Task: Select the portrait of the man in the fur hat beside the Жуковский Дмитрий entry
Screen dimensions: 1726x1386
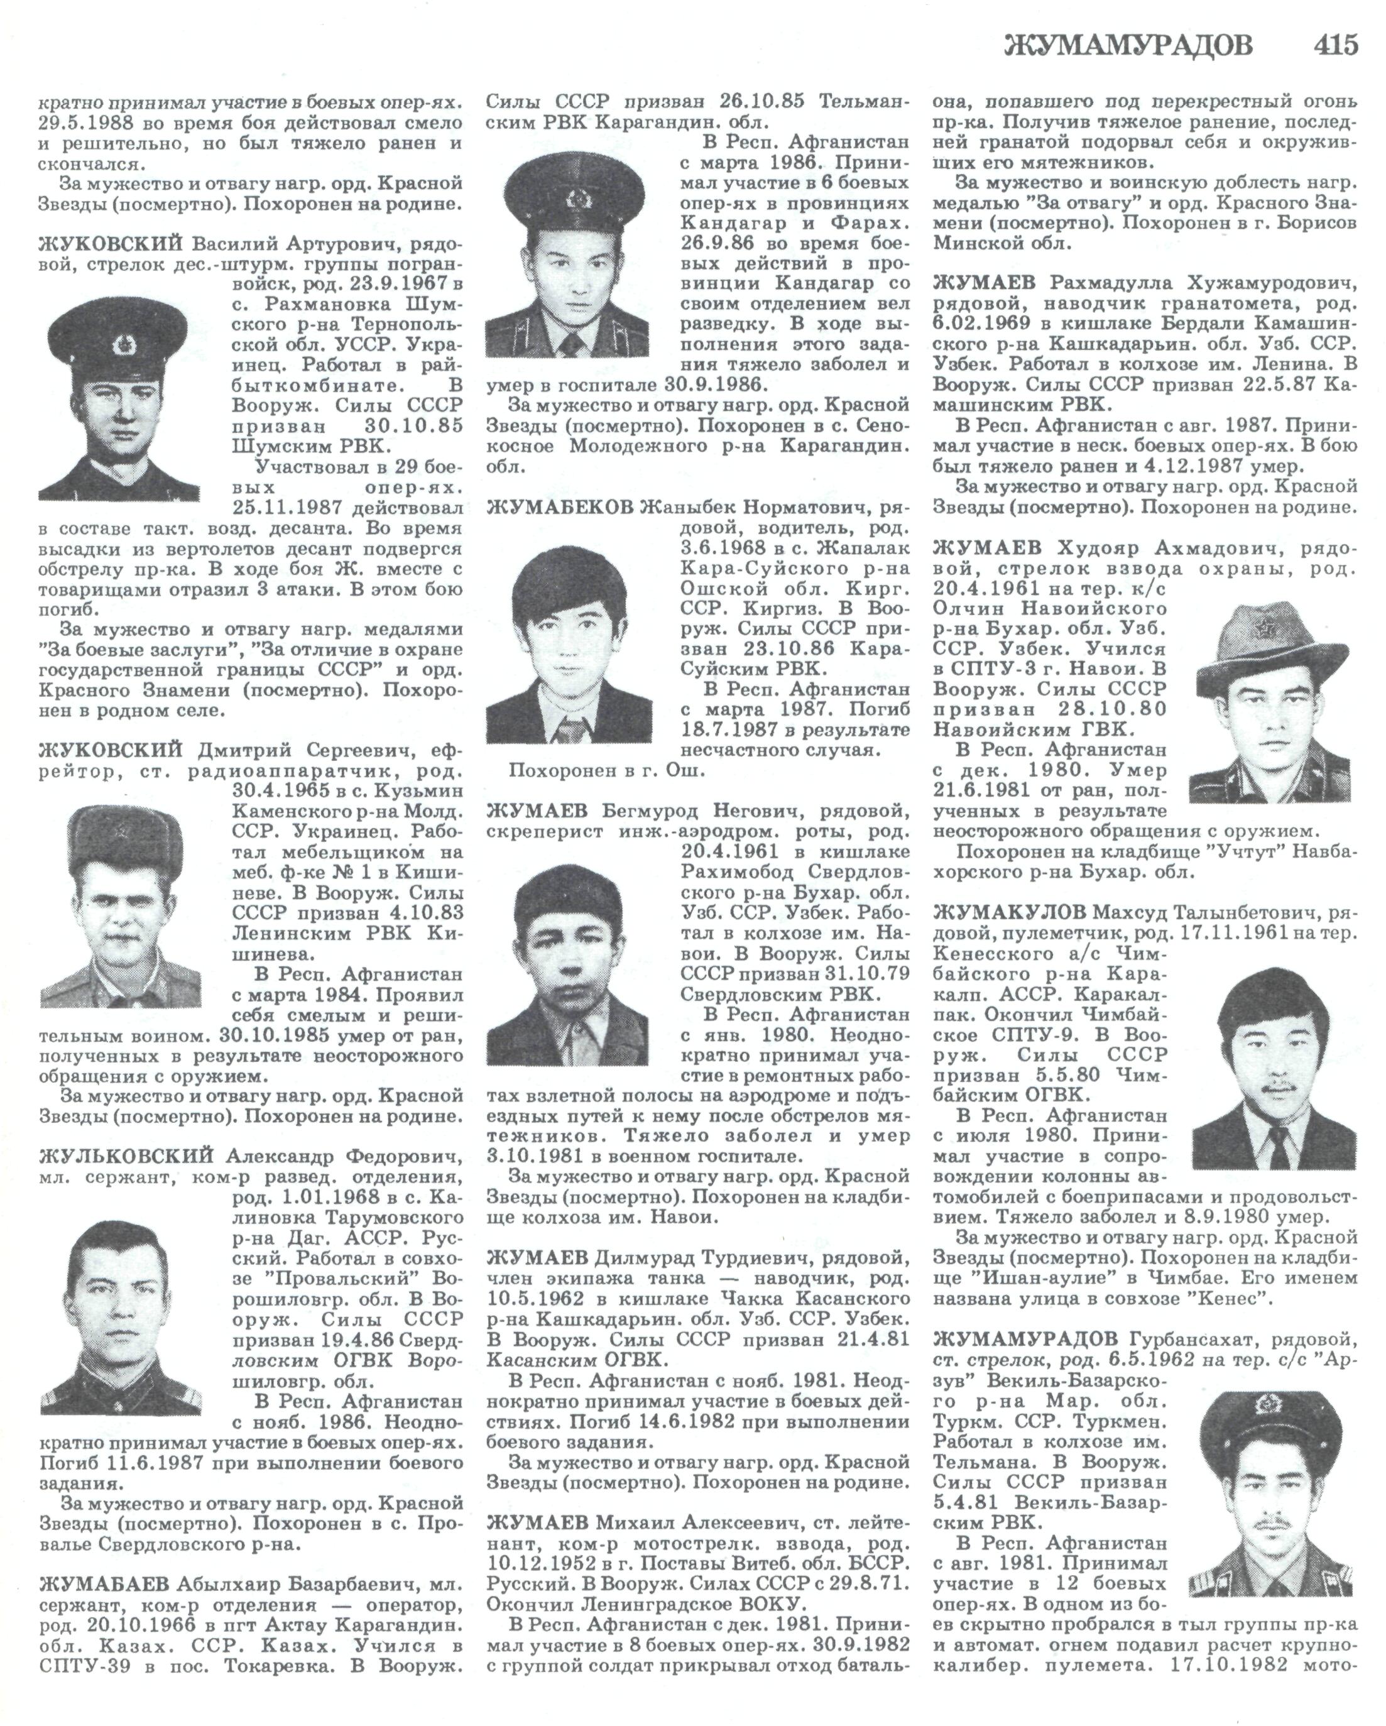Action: click(x=121, y=905)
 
